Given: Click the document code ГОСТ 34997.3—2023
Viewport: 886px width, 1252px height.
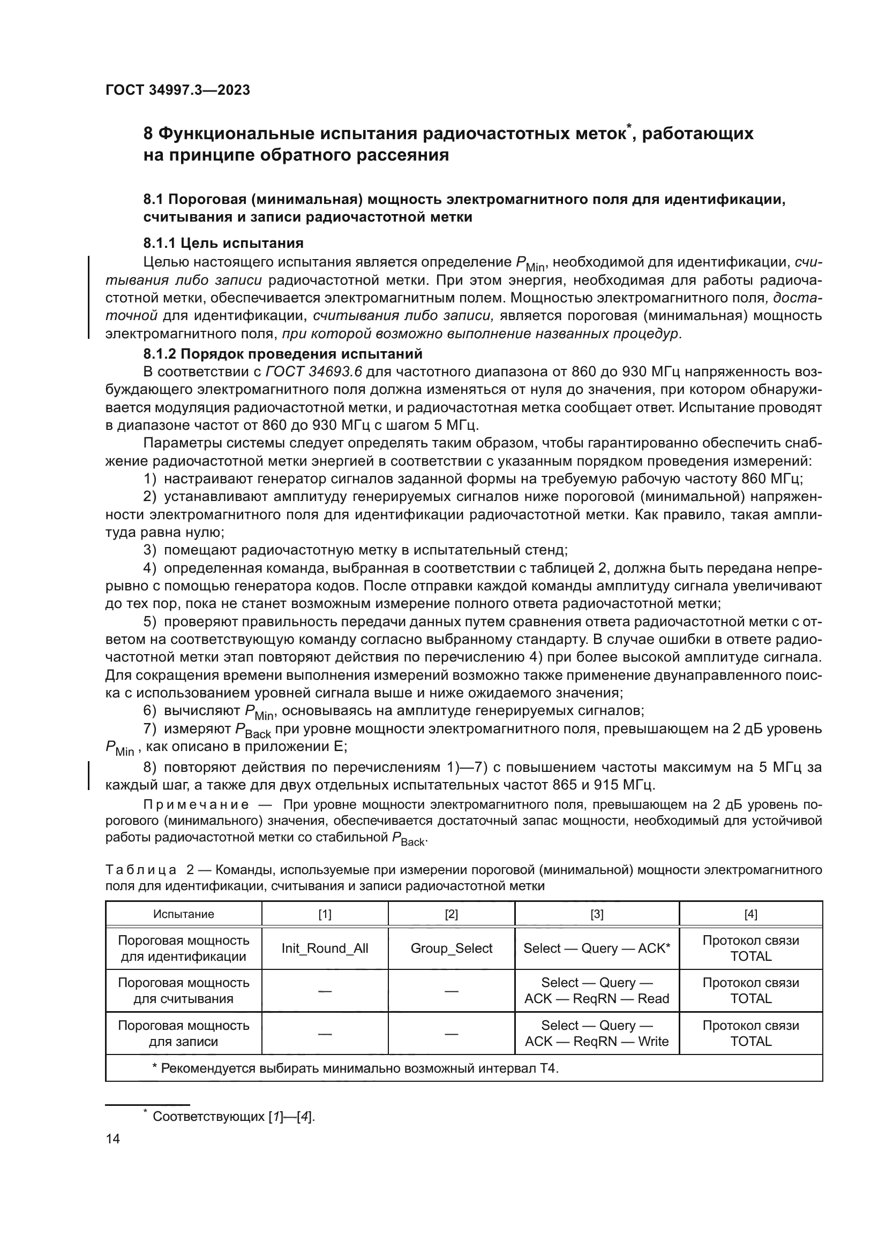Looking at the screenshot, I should point(177,90).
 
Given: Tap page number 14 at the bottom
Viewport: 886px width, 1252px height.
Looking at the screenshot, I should point(112,1139).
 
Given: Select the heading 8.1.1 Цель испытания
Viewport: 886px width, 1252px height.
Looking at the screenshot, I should point(223,242).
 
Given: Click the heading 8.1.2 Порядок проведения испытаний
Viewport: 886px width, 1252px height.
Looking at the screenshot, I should point(283,354).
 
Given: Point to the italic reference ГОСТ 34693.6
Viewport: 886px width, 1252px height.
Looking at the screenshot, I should point(314,372).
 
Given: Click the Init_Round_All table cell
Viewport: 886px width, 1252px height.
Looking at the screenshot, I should point(325,949).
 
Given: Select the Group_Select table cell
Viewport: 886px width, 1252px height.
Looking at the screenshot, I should point(451,949).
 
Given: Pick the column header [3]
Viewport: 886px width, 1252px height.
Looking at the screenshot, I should point(597,914).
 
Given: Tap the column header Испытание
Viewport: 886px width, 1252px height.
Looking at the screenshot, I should point(183,914).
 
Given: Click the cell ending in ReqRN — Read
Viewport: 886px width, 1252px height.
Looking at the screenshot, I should point(597,991).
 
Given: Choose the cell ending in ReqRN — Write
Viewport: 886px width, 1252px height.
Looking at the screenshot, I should point(597,1033).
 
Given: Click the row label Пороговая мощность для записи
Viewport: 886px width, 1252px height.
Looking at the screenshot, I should point(183,1033).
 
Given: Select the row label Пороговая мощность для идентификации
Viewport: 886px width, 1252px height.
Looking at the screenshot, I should point(183,949).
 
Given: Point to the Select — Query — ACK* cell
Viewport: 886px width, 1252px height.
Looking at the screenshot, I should point(597,949).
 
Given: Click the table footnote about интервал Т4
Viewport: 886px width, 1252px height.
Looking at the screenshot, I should point(355,1068).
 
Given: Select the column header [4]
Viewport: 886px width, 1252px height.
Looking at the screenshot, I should point(750,914).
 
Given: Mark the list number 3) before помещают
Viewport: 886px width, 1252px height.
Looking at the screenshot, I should point(149,550).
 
